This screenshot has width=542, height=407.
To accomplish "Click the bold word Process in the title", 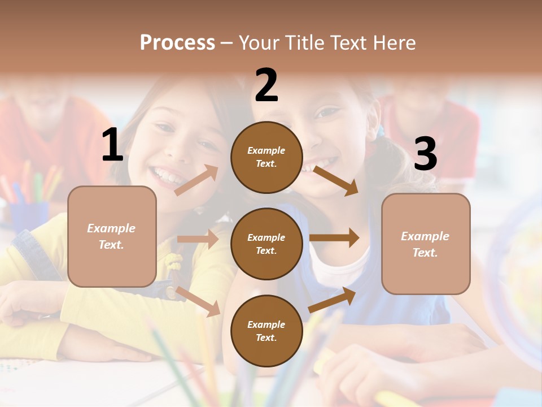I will click(x=177, y=43).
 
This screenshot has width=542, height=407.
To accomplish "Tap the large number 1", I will click(x=112, y=145).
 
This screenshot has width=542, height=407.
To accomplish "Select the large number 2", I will click(x=266, y=85).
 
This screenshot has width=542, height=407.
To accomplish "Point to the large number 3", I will click(x=425, y=154).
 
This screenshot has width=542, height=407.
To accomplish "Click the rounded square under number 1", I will click(x=112, y=236).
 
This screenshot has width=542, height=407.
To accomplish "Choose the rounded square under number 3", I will click(x=426, y=244).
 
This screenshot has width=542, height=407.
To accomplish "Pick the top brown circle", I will click(x=266, y=157).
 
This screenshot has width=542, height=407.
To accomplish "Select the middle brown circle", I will click(x=266, y=244).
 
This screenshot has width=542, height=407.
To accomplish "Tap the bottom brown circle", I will click(x=266, y=331).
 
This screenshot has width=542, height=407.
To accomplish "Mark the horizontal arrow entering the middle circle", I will click(x=198, y=240).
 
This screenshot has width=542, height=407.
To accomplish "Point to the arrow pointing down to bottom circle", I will click(x=198, y=301).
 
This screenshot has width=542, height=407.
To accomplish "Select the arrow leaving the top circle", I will click(x=335, y=180).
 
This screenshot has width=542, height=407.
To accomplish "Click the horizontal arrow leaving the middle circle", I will click(x=334, y=238).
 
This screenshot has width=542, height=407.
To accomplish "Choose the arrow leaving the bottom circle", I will click(x=332, y=300).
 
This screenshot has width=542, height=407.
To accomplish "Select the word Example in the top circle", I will click(x=266, y=150).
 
